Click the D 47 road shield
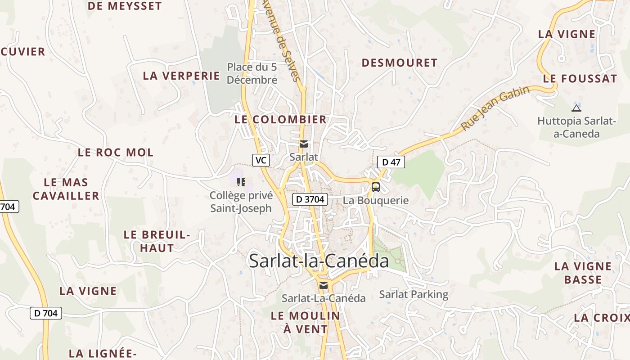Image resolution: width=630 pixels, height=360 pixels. [x=391, y=162]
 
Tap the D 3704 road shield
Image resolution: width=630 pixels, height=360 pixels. [x=310, y=199]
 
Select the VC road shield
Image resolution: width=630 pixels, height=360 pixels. [x=261, y=160]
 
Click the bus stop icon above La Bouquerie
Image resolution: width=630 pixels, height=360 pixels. [x=376, y=187]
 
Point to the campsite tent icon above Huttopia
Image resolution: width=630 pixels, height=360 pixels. [x=576, y=108]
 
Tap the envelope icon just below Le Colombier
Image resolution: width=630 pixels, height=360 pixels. [x=304, y=144]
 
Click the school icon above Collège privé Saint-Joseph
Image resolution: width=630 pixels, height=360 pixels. [x=241, y=182]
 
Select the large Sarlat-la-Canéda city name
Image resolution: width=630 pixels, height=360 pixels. [x=319, y=261]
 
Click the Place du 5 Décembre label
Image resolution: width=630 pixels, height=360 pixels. [x=252, y=73]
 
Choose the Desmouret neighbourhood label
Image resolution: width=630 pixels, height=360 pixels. [x=400, y=63]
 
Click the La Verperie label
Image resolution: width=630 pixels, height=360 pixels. [x=181, y=76]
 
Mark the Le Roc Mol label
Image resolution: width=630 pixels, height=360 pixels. [x=116, y=153]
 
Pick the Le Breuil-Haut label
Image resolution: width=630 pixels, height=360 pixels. [x=157, y=241]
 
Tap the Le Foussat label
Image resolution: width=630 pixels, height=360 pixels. [x=580, y=79]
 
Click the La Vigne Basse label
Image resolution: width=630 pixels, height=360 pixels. [x=583, y=273]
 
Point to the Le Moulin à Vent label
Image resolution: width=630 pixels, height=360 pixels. [x=306, y=322]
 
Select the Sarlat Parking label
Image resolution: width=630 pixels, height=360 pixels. [x=414, y=295]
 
